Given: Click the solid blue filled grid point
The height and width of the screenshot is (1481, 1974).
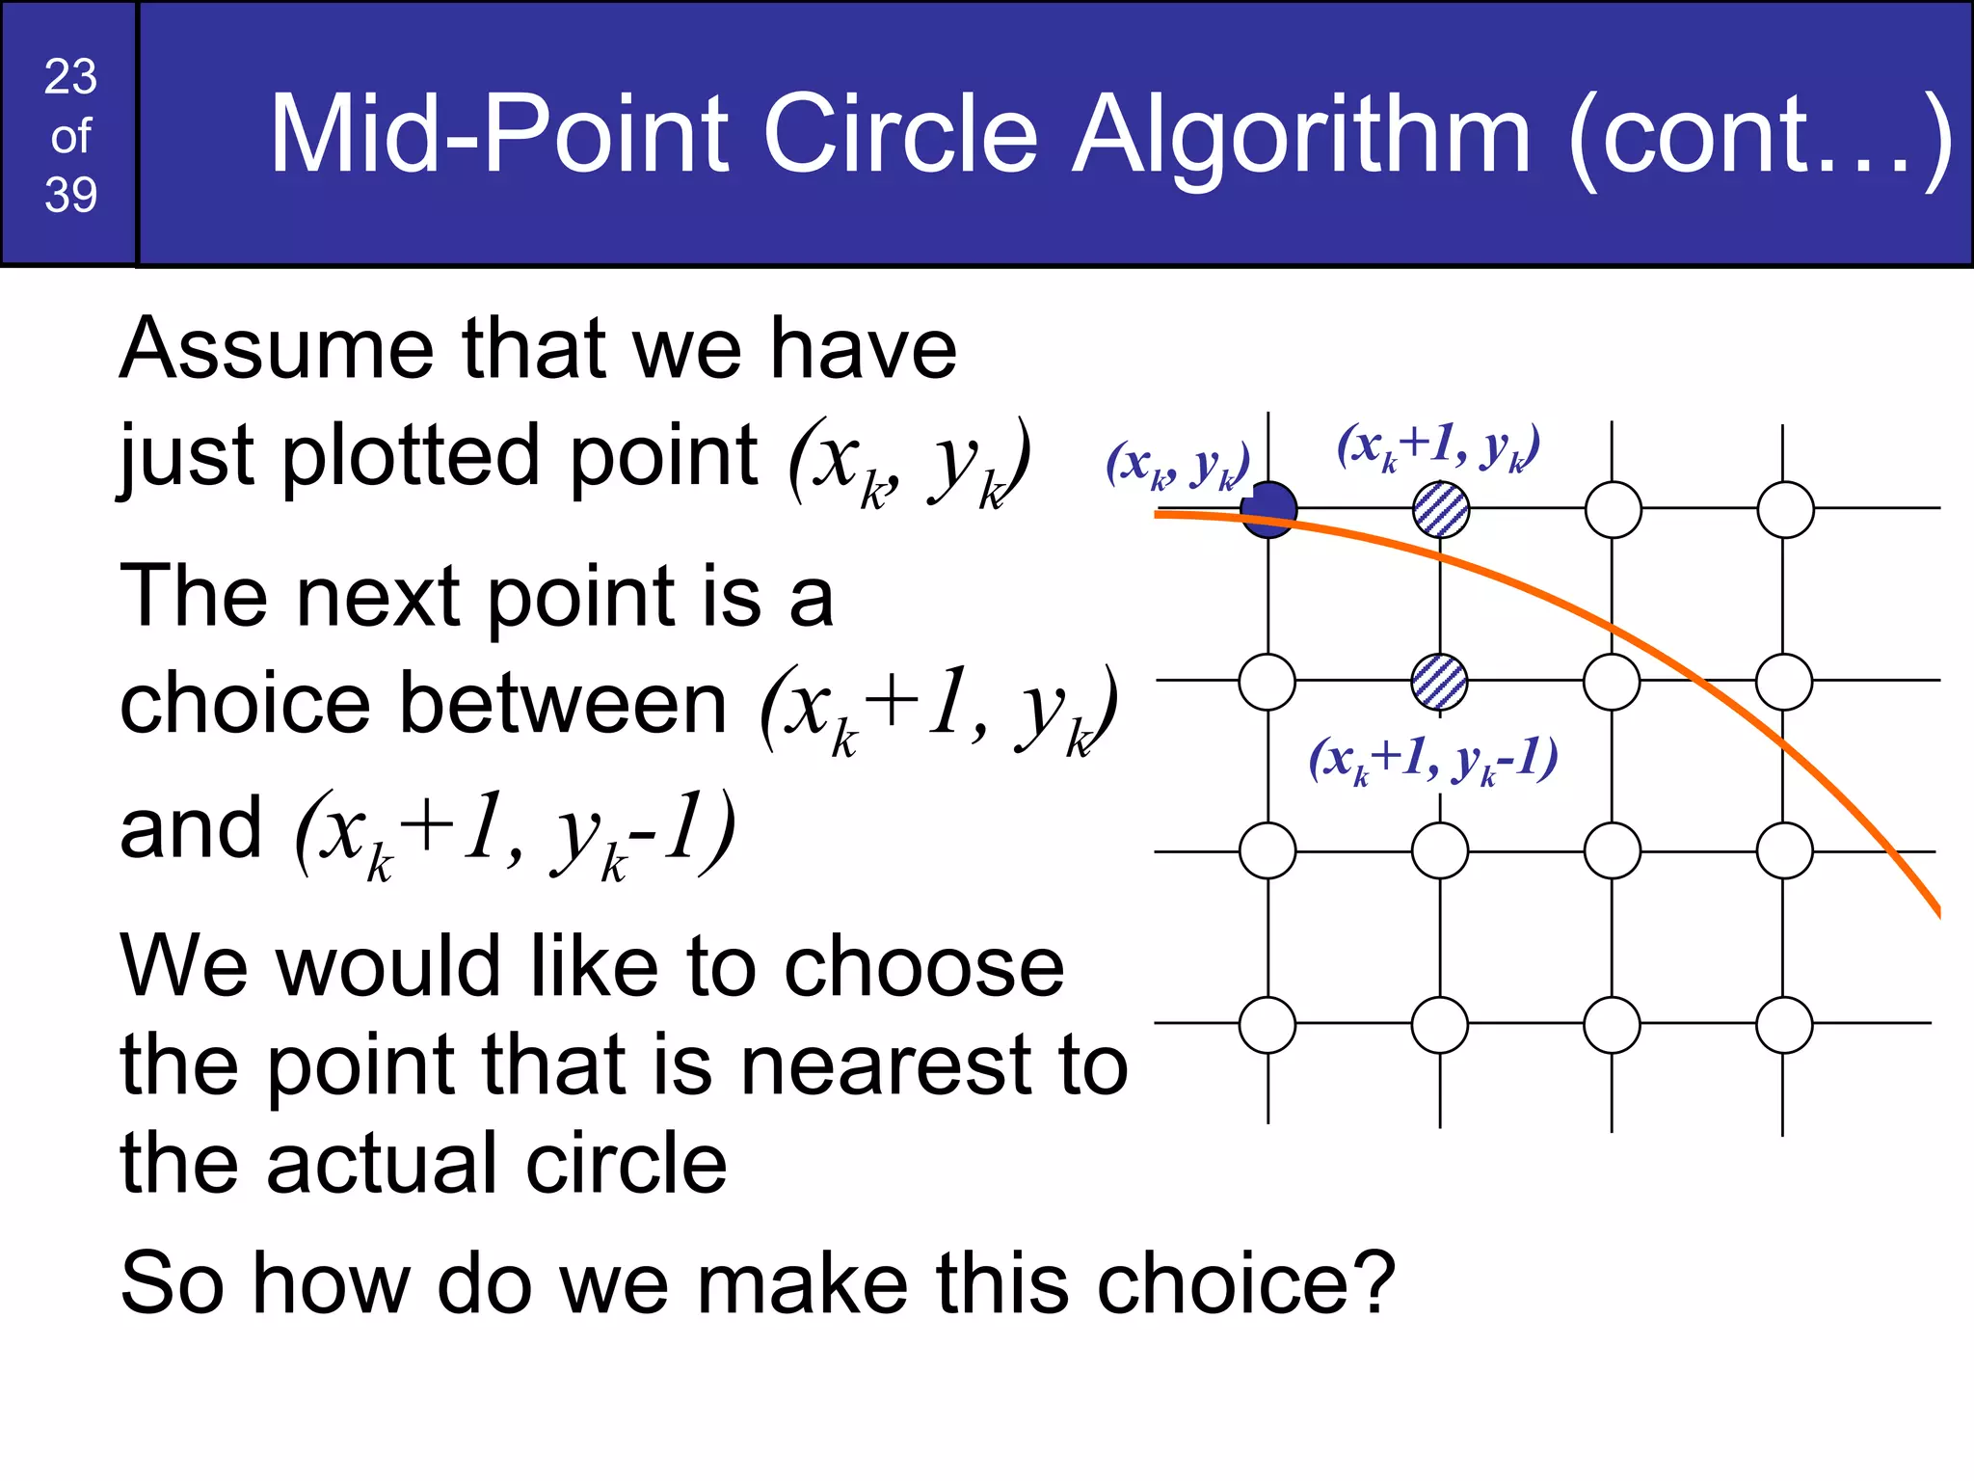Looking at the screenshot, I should click(x=1268, y=509).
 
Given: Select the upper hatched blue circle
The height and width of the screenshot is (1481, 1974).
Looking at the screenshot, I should click(x=1441, y=509).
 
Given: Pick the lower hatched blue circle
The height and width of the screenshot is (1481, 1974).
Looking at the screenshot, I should click(x=1439, y=682).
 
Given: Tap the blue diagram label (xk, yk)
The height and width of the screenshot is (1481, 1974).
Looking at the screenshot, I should click(x=1178, y=465).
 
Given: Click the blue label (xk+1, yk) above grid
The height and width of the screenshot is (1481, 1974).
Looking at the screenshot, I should click(x=1438, y=446).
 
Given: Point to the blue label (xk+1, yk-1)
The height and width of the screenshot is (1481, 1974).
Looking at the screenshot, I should click(x=1432, y=759).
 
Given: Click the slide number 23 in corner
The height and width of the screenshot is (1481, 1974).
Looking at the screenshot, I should click(x=70, y=76).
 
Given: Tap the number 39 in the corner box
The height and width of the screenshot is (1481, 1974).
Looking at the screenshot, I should click(x=70, y=195).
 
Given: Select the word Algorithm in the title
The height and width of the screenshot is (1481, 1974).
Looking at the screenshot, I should click(x=1301, y=135).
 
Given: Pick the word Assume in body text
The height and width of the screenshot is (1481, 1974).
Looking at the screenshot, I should click(x=277, y=348).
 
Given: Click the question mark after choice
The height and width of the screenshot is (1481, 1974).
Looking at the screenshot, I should click(x=1373, y=1282).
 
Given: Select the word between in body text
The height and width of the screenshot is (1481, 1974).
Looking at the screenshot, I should click(x=563, y=704).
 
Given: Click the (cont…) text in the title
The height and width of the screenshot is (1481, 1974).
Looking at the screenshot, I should click(x=1760, y=135).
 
